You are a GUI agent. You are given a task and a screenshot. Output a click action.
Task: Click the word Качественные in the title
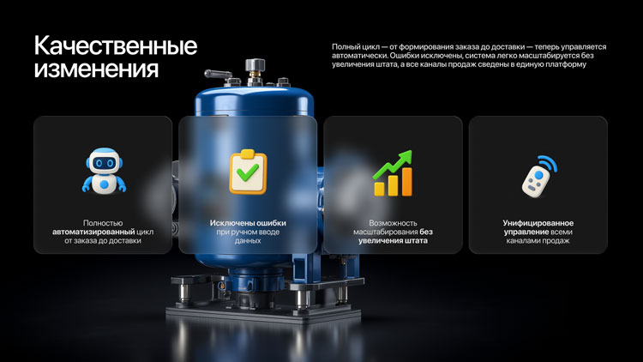(x=116, y=45)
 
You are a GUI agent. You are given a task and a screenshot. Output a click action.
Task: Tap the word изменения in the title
(x=96, y=68)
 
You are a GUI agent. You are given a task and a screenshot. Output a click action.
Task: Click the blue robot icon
(x=104, y=171)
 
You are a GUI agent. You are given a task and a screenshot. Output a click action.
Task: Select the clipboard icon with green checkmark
(x=248, y=172)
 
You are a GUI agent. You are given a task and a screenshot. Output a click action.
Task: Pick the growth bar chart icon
(x=393, y=172)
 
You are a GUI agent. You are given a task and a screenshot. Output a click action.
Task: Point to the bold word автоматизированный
(x=93, y=232)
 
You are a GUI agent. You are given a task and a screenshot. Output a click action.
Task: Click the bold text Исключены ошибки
(x=248, y=223)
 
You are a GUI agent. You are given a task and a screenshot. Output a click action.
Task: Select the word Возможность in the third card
(x=393, y=223)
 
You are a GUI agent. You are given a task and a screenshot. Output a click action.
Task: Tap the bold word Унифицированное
(x=538, y=223)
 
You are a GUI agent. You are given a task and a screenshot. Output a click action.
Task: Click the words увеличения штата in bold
(x=393, y=240)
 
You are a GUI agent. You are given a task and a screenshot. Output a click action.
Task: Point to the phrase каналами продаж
(x=538, y=240)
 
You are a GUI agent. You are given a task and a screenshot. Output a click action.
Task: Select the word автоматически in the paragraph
(x=359, y=56)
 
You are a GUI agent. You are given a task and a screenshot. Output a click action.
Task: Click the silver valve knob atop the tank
(x=255, y=66)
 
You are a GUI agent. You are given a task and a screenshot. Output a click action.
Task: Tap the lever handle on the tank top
(x=218, y=75)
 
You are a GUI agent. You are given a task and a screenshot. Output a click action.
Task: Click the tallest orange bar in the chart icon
(x=406, y=181)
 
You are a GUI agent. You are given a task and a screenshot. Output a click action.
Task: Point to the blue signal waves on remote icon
(x=549, y=162)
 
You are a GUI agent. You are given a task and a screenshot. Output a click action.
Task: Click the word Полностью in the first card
(x=103, y=223)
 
